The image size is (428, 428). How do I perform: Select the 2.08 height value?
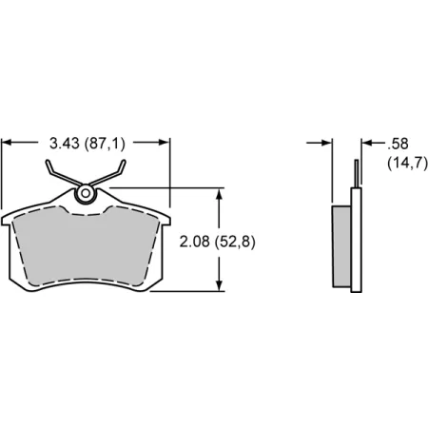tap(192, 241)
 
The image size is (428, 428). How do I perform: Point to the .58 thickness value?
tap(399, 144)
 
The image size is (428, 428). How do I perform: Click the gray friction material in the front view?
tap(86, 247)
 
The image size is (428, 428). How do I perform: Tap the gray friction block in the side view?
tap(341, 246)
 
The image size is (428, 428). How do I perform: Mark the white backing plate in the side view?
tap(357, 243)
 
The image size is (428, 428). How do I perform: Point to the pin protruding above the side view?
tap(357, 173)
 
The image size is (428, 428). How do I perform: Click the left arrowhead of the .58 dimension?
tap(328, 143)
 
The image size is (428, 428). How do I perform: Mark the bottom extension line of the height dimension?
tap(195, 292)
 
